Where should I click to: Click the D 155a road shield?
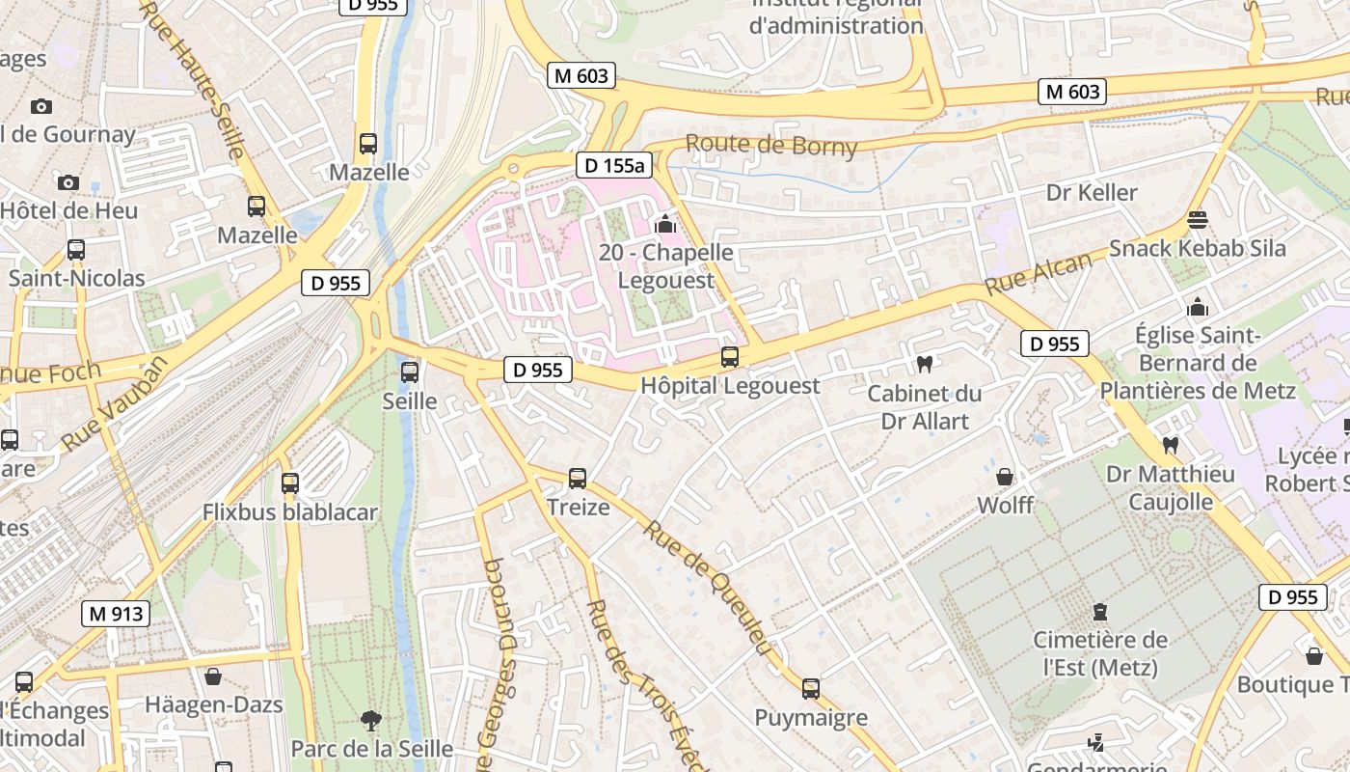(x=614, y=165)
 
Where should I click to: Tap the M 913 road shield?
(x=116, y=613)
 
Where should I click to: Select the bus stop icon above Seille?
(x=410, y=372)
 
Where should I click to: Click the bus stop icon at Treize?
(x=578, y=478)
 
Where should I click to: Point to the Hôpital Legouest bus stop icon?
(x=730, y=357)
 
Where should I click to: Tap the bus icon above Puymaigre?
(x=811, y=688)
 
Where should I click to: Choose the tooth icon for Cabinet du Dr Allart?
(x=924, y=364)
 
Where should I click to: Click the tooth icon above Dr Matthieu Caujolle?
(x=1170, y=445)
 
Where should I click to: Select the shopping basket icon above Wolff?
(x=1005, y=477)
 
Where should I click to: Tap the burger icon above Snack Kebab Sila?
(x=1198, y=220)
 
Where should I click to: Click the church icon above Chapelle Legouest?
(x=664, y=225)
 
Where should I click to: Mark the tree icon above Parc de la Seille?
(x=369, y=720)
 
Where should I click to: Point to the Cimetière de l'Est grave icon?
(x=1099, y=611)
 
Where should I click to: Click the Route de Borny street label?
(x=770, y=145)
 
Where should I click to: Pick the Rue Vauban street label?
(x=114, y=404)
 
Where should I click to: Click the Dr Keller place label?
(x=1092, y=192)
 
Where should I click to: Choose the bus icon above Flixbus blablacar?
(x=290, y=482)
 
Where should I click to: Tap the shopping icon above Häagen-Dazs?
(x=213, y=676)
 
